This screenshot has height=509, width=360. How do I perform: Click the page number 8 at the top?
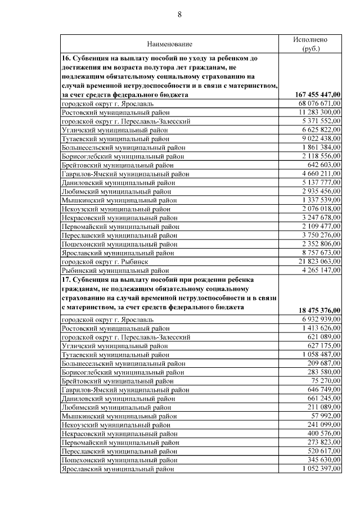[180, 15]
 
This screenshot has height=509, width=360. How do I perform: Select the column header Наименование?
[169, 44]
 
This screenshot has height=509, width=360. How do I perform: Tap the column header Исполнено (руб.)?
[310, 44]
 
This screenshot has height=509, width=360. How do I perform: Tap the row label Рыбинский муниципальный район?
[116, 271]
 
